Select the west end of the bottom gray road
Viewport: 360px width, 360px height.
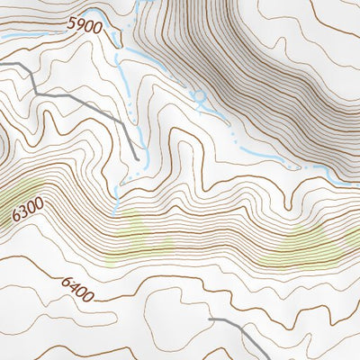(209, 319)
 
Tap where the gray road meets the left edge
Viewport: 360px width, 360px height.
(1, 63)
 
